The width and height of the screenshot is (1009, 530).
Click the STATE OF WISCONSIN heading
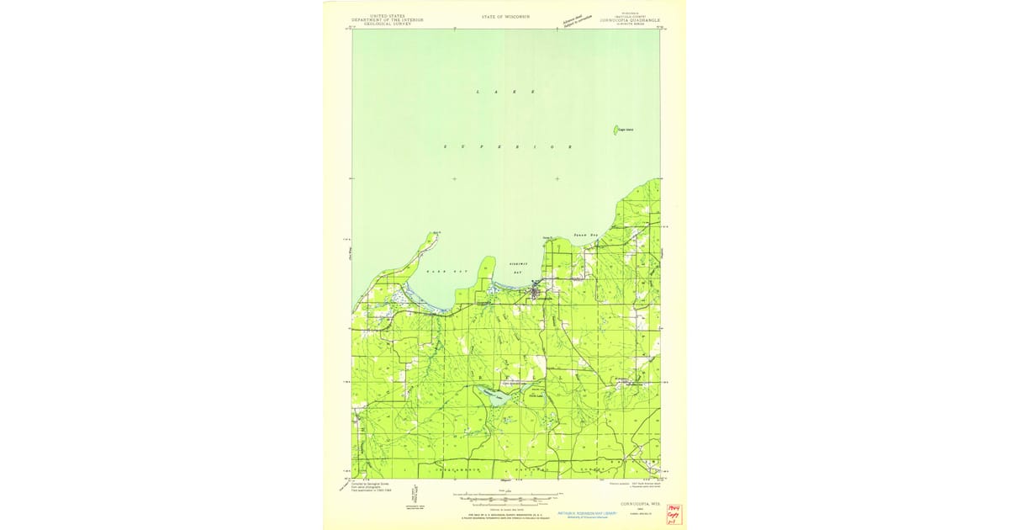(x=505, y=17)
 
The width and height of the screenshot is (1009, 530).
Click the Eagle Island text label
(x=626, y=130)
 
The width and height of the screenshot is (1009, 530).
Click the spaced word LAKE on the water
(x=505, y=91)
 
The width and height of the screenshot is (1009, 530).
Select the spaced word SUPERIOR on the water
(x=507, y=147)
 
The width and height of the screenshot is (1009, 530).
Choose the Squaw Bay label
(x=585, y=236)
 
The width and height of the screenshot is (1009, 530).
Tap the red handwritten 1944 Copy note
(x=672, y=514)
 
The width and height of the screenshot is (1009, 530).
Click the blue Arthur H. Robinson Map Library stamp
(x=593, y=514)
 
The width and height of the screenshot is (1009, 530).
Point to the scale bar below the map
(x=504, y=499)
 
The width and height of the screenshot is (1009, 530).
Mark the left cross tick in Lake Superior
(x=454, y=178)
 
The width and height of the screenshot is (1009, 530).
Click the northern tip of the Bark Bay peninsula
(x=436, y=233)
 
